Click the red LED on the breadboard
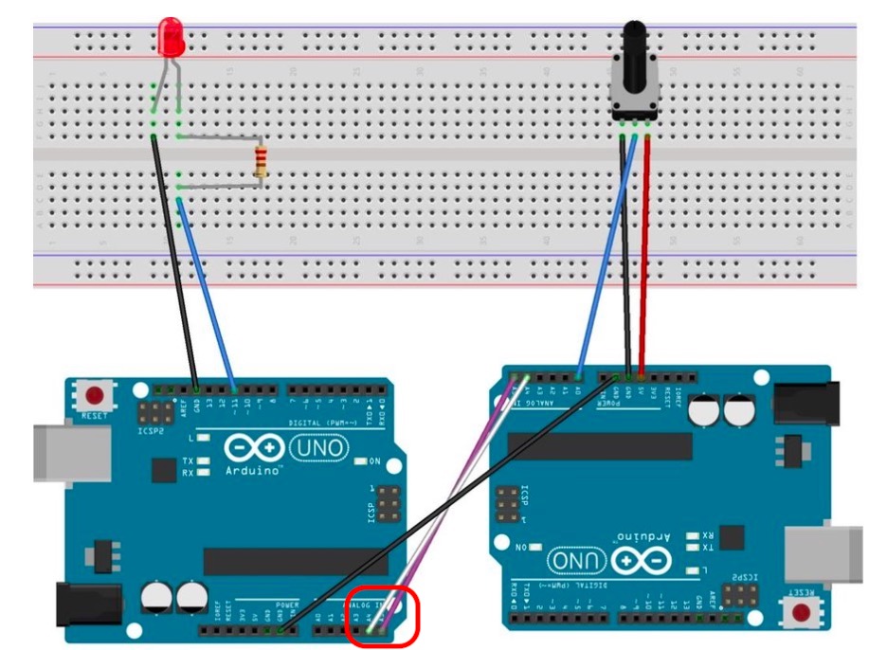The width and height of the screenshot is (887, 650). click(x=172, y=37)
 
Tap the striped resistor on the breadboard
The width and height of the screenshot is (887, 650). click(x=262, y=160)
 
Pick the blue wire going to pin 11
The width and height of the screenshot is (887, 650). click(x=208, y=294)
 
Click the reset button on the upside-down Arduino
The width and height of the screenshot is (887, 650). click(x=805, y=611)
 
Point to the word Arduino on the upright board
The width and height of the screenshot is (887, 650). click(x=253, y=470)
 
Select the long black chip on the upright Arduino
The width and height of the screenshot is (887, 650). click(x=294, y=562)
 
